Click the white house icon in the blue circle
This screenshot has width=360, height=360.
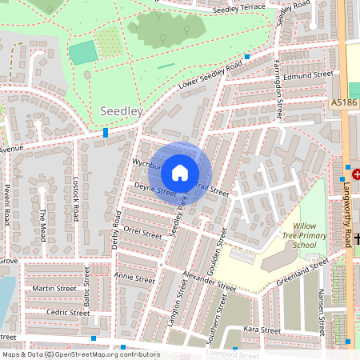pos(180,172)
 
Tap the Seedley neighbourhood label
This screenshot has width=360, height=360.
pos(120,110)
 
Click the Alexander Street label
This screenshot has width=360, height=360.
pos(208,280)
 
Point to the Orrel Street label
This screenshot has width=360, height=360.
pos(142,232)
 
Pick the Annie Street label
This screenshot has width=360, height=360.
pos(134,278)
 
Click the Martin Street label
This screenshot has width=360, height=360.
pos(54,289)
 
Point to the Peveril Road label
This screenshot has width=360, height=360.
pos(6,206)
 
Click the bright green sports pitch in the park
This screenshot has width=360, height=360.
pos(83,53)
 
